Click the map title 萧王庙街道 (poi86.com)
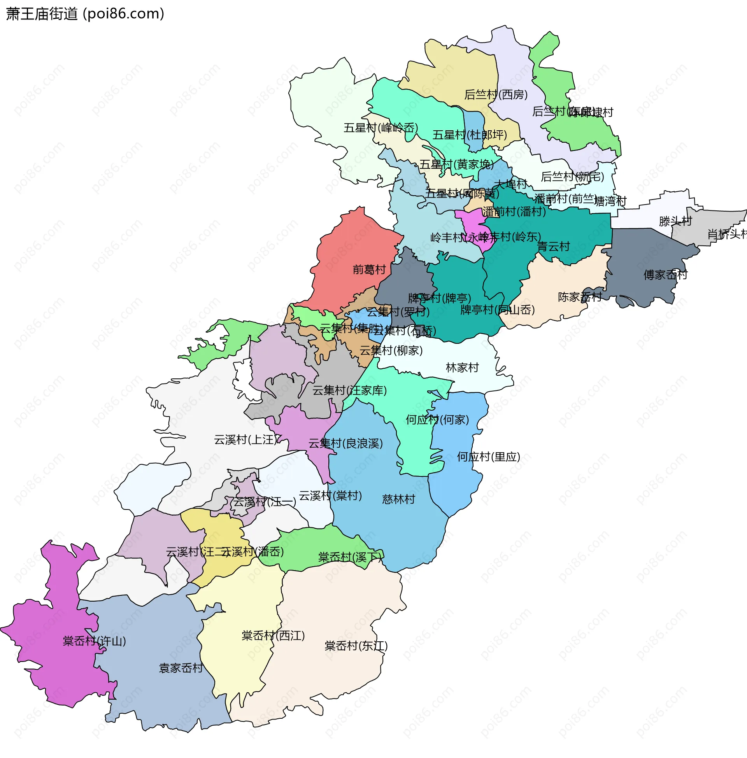(85, 14)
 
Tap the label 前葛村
(369, 270)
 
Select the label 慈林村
(398, 499)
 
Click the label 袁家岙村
(181, 668)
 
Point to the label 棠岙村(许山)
(94, 641)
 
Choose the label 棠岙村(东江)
(356, 646)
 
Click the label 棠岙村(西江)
(273, 635)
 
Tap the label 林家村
(462, 368)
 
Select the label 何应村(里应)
(488, 457)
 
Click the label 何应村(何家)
(437, 420)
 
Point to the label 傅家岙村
(665, 275)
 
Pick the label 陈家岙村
(579, 297)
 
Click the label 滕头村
(675, 221)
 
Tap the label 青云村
(553, 246)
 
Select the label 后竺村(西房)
(496, 95)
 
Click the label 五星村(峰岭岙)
(381, 128)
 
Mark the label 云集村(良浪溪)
(345, 443)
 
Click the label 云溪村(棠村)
(330, 495)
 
